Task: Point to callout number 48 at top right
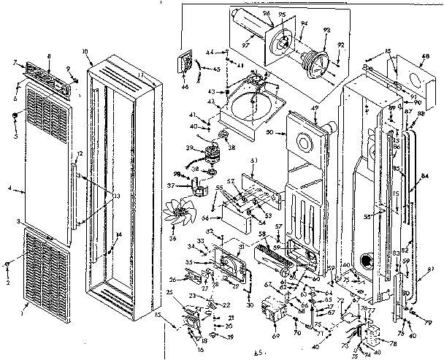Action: [424, 55]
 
